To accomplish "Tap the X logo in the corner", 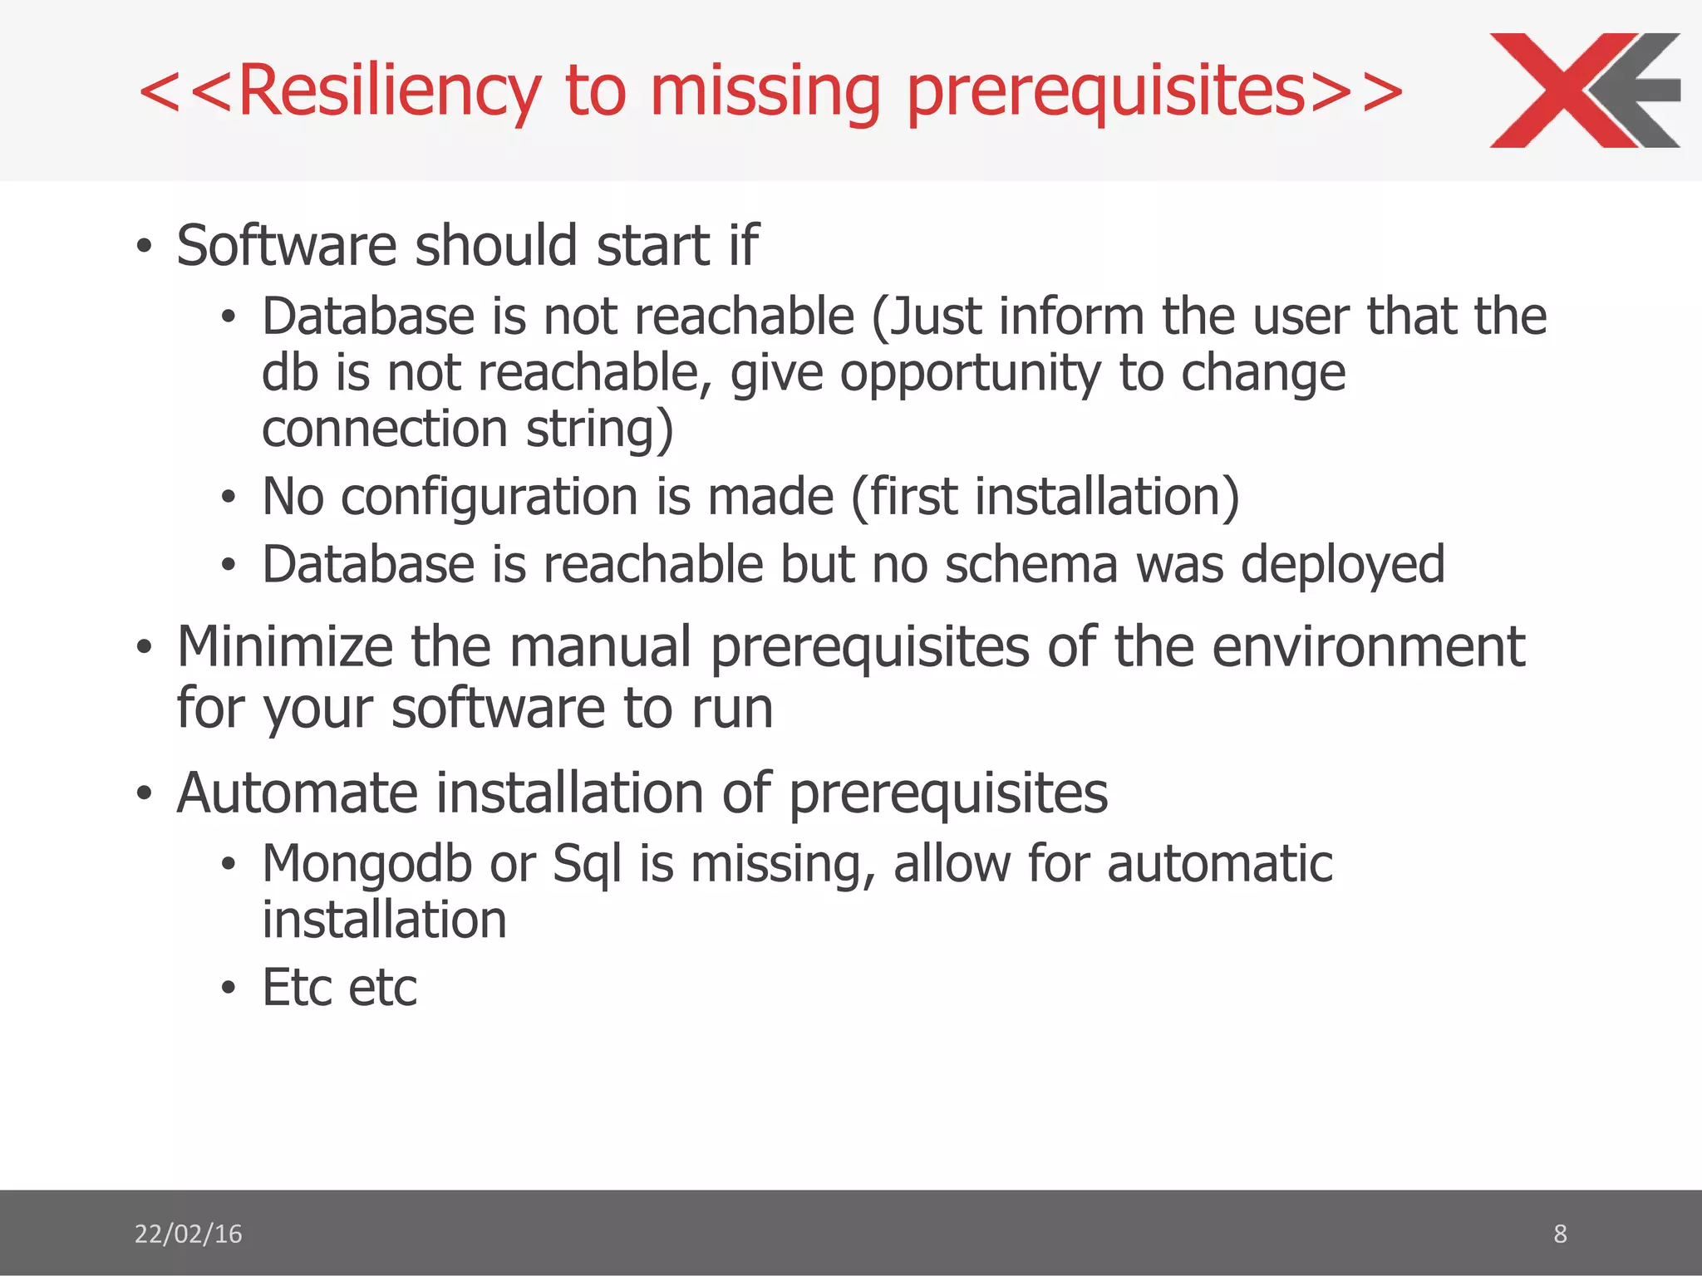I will [x=1583, y=91].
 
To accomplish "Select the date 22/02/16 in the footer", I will [x=188, y=1234].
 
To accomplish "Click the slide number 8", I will [x=1560, y=1234].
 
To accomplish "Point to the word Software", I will [x=287, y=246].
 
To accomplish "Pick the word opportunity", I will [x=970, y=373].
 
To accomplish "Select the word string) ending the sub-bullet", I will [x=599, y=429].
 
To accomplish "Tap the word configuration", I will [x=490, y=497].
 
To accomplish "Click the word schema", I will [x=1031, y=565].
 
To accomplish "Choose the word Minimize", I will [x=284, y=646].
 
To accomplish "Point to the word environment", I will [x=1368, y=646].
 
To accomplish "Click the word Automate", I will [x=297, y=793].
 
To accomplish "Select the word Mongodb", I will [x=367, y=864].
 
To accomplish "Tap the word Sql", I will [x=587, y=864].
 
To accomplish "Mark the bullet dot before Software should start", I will [x=145, y=247].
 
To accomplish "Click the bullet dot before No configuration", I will [x=229, y=498].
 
